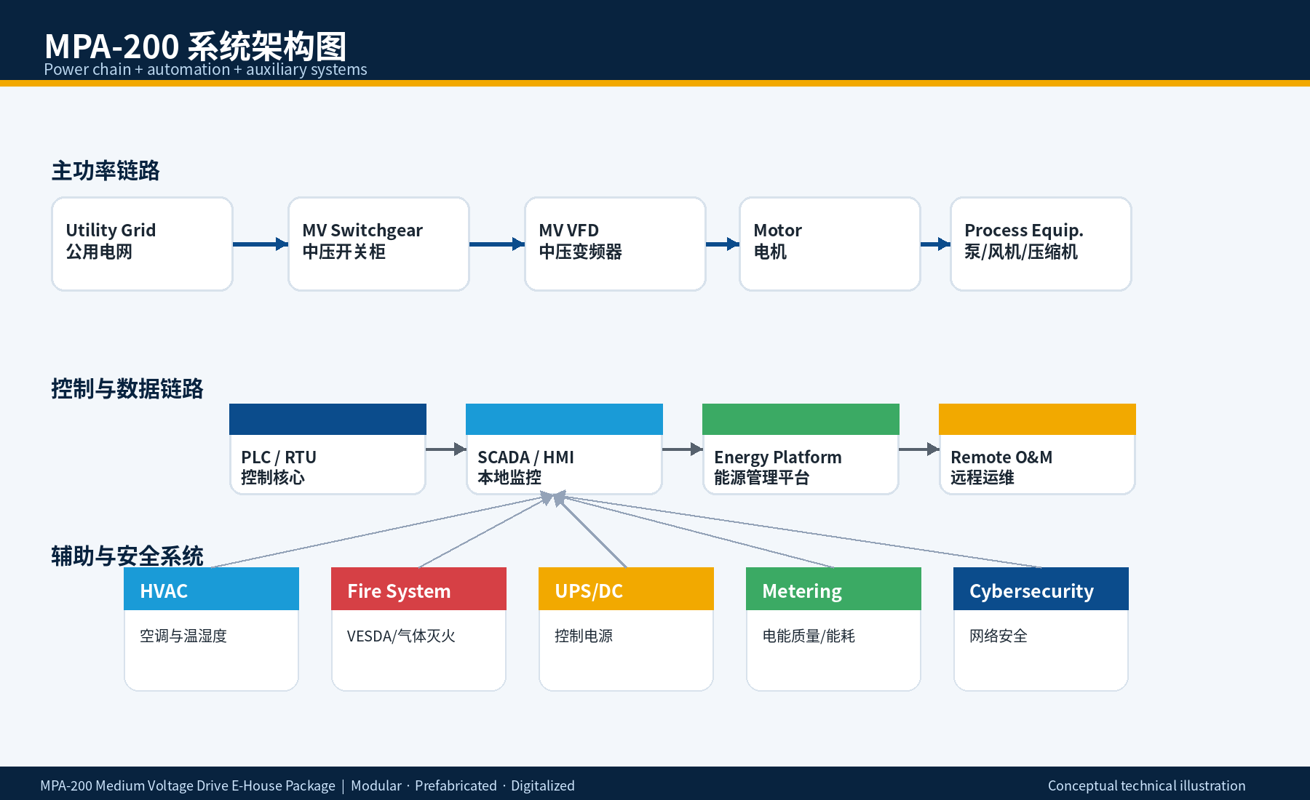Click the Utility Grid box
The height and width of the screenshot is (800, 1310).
(142, 244)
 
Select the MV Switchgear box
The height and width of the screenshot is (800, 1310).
(378, 244)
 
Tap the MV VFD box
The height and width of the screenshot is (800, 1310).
(615, 244)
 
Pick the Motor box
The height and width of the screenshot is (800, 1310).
(830, 244)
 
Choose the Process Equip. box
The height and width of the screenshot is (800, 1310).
(1041, 244)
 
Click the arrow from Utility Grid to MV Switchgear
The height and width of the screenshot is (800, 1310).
(261, 244)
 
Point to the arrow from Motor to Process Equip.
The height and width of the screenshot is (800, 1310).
(935, 244)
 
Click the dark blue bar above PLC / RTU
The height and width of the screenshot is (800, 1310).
(327, 419)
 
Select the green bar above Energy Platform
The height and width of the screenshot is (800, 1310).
(801, 419)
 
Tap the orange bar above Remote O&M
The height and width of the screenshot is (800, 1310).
(1037, 419)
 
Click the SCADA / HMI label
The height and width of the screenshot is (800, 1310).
(525, 457)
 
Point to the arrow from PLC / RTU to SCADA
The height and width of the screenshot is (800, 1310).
(446, 449)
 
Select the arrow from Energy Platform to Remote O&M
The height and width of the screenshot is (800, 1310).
(919, 449)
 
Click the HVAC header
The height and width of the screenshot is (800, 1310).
(211, 588)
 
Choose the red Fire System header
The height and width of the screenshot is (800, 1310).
(418, 588)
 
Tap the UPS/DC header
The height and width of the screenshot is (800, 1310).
(626, 588)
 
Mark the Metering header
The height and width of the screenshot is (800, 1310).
(833, 588)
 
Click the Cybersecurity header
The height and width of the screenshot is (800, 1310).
(1041, 588)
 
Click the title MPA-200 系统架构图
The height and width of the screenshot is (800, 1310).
(195, 47)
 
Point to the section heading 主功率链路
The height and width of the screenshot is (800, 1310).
(106, 171)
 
